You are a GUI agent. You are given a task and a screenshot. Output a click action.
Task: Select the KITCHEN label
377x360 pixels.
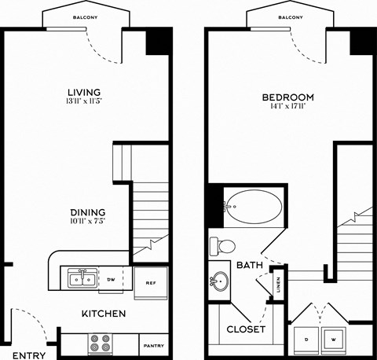(104, 314)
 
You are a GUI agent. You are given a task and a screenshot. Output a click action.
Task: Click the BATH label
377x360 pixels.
(248, 266)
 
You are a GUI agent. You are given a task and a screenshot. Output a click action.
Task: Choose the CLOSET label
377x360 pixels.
(246, 329)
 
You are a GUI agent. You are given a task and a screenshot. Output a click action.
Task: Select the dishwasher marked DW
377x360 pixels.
(112, 279)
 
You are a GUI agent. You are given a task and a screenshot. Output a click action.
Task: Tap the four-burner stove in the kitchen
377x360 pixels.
(101, 343)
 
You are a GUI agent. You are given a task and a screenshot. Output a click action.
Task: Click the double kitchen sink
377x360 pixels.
(82, 278)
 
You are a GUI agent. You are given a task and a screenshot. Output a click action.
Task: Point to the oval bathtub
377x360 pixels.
(252, 208)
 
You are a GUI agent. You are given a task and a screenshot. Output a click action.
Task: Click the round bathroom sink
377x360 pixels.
(220, 281)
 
